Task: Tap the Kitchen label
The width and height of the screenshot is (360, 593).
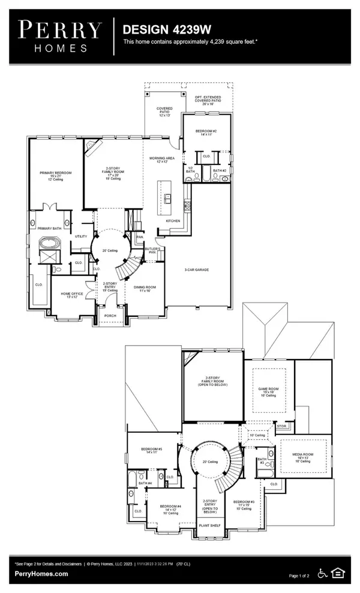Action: (173, 221)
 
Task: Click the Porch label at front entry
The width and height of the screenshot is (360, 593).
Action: (110, 315)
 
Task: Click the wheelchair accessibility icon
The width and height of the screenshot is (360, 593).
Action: (322, 574)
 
